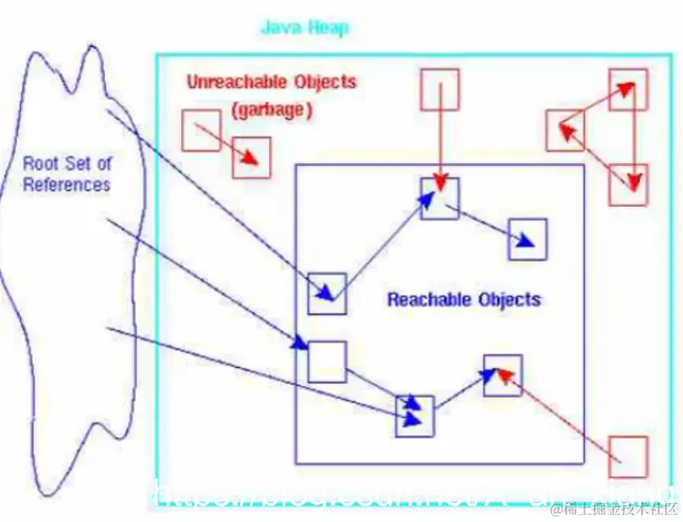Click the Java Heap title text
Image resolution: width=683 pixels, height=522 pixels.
[x=304, y=27]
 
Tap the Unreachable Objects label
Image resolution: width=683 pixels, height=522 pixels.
[x=272, y=82]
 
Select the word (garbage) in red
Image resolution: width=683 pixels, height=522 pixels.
[x=272, y=111]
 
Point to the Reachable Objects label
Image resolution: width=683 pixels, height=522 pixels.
[x=464, y=299]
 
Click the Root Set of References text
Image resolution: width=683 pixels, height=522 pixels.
[x=67, y=174]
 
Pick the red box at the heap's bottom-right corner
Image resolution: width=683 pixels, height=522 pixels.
[x=628, y=457]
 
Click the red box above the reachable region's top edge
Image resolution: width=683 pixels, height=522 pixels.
[x=439, y=89]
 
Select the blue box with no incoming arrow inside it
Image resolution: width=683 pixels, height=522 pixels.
[x=327, y=361]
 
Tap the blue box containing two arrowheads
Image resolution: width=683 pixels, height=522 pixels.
[x=415, y=416]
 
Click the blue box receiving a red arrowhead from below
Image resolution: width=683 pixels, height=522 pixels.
[x=503, y=375]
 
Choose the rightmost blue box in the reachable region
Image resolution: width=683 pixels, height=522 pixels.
[x=527, y=239]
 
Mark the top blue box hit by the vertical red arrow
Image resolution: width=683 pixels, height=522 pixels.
[x=439, y=198]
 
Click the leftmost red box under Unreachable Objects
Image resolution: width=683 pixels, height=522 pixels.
[x=200, y=130]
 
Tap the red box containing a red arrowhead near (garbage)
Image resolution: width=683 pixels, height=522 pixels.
[x=251, y=159]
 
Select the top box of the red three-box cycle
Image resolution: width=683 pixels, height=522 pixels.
[x=628, y=89]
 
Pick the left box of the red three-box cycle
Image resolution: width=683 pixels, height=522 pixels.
[x=565, y=130]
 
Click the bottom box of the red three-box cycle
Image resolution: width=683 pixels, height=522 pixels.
[x=629, y=185]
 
